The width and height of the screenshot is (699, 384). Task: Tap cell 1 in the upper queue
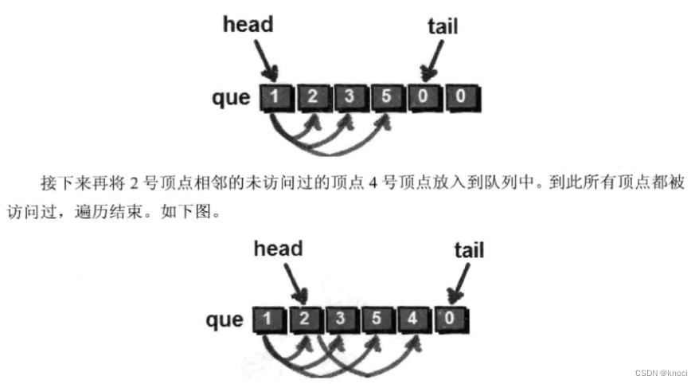point(274,98)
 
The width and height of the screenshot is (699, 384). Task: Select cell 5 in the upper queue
point(385,98)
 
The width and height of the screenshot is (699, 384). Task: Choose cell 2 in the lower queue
point(304,321)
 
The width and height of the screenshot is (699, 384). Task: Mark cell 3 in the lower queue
point(341,321)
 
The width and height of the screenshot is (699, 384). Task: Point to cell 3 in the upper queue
point(348,98)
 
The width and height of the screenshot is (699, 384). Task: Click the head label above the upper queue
point(248,25)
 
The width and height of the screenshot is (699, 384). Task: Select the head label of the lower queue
point(279,249)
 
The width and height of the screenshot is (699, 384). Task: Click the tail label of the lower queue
point(469,250)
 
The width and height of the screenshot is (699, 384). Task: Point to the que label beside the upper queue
point(232,98)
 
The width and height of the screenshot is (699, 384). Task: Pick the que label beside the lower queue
point(225,320)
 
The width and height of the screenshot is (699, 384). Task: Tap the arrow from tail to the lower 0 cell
point(459,283)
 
